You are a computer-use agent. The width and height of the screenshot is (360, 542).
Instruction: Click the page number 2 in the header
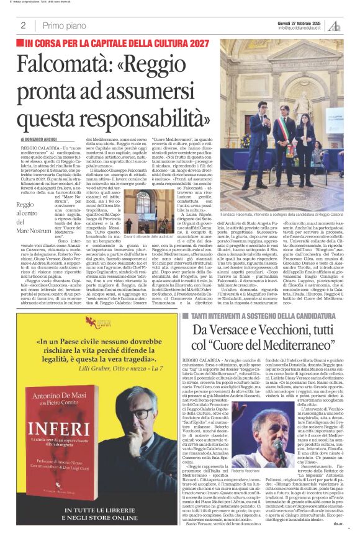click(22, 25)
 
